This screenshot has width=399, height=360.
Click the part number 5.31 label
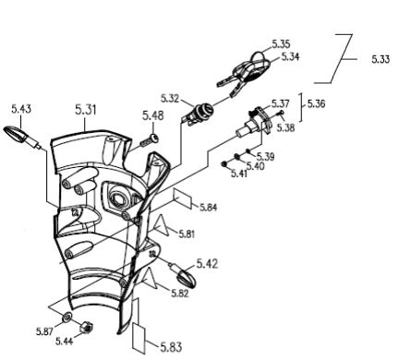86,110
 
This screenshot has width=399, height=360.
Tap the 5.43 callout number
21,109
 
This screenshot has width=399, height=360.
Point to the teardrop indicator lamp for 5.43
16,134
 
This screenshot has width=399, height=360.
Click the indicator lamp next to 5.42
187,278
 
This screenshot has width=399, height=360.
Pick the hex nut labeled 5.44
85,328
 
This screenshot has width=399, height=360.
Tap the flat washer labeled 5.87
66,317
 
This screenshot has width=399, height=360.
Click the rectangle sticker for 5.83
139,337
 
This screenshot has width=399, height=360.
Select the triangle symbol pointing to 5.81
162,226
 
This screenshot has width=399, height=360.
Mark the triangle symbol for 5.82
151,279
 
